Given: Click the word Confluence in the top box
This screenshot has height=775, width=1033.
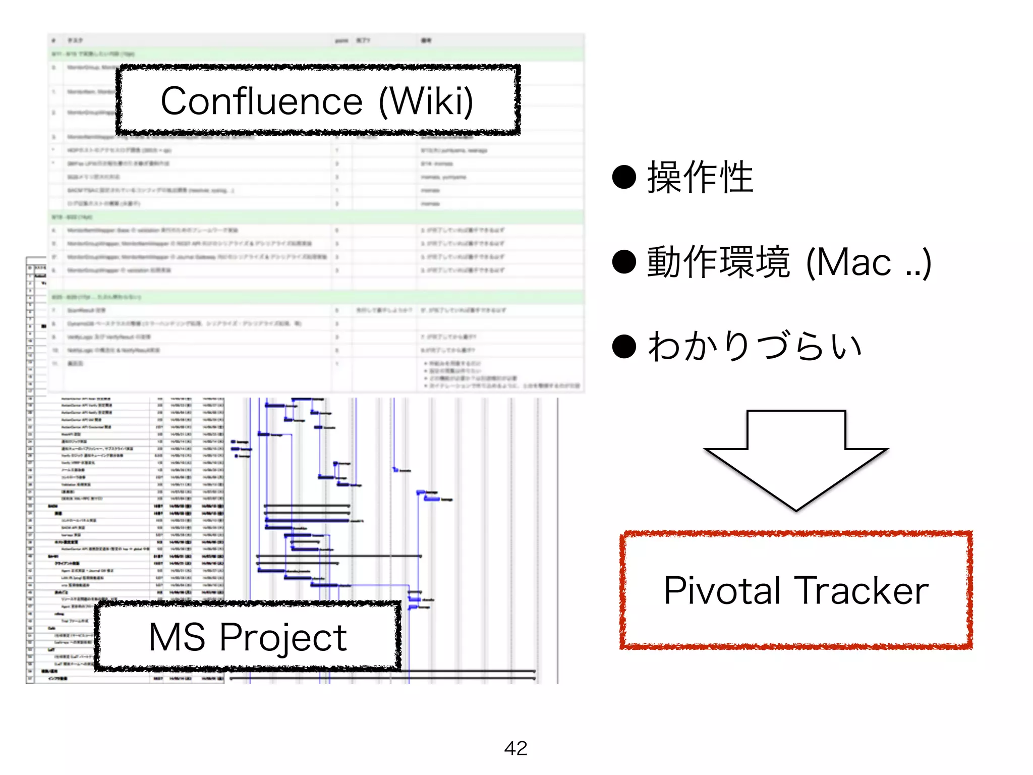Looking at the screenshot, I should (261, 101).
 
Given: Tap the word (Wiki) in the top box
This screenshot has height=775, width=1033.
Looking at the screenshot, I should (426, 101).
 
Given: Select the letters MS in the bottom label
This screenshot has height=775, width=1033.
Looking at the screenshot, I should (177, 637).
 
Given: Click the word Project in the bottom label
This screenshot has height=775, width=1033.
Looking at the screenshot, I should (283, 638).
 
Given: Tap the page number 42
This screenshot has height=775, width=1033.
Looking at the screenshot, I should (515, 748).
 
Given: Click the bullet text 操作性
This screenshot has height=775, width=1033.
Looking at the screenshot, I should (700, 177).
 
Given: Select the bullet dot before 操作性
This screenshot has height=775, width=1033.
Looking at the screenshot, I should (624, 177).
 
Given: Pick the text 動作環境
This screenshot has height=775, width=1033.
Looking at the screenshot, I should (718, 262).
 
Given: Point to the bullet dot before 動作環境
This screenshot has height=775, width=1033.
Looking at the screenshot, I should (624, 262).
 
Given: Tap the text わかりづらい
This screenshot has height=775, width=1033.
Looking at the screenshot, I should (755, 347).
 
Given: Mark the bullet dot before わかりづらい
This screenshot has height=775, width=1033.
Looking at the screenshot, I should (624, 347).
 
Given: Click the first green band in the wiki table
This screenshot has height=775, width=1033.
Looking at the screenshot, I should (316, 54).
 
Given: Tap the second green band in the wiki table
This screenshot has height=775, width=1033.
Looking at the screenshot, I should (316, 217).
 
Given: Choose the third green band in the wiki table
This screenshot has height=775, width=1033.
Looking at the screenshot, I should (316, 297).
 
